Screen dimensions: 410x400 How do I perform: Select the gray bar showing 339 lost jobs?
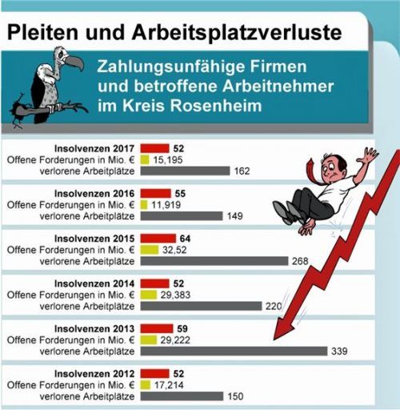coord(234,350)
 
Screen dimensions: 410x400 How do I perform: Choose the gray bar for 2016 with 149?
coord(182,215)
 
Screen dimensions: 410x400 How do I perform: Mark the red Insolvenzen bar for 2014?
coord(154,283)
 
